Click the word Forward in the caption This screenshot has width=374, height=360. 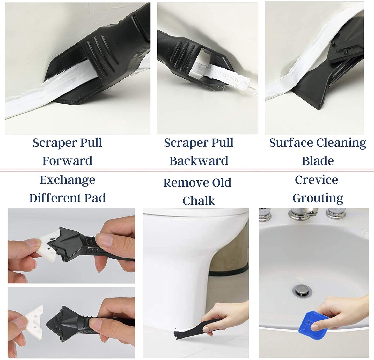point(68,161)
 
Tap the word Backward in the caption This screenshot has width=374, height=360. point(199,161)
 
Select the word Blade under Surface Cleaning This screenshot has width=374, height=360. point(318,161)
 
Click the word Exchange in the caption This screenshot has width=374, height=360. point(68,180)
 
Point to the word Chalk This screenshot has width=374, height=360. point(199,201)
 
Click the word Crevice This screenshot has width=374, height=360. point(316,180)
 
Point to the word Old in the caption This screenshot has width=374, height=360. point(222,183)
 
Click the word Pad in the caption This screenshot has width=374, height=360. point(95,198)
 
